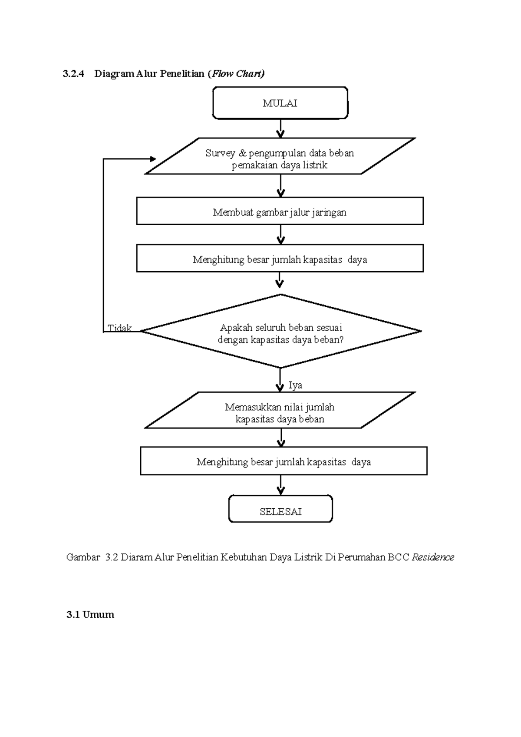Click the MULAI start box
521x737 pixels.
[280, 103]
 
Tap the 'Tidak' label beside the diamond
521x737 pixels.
[119, 328]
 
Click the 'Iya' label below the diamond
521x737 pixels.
[295, 385]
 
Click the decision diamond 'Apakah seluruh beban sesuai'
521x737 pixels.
[280, 331]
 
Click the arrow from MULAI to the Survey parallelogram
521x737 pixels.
[281, 128]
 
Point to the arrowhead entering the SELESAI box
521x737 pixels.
[281, 491]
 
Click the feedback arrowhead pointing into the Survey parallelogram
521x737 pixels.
[152, 159]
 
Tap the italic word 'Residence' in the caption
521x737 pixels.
[433, 557]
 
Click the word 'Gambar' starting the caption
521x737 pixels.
[83, 557]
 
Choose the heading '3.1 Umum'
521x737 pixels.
[90, 614]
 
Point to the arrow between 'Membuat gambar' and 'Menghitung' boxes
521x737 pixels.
[281, 235]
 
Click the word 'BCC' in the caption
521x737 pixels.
[399, 557]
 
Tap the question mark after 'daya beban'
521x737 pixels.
[341, 340]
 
